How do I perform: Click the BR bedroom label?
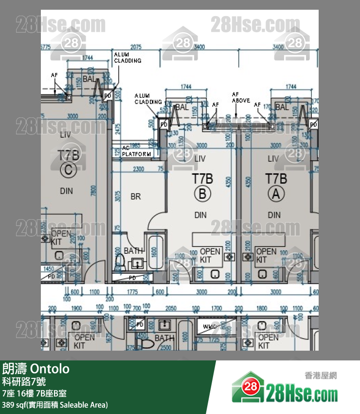pyautogui.click(x=135, y=196)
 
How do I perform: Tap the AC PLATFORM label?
pyautogui.click(x=136, y=151)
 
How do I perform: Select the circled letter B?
pyautogui.click(x=202, y=194)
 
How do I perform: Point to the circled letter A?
pyautogui.click(x=276, y=194)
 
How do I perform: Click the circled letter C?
pyautogui.click(x=68, y=170)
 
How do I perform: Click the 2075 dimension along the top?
pyautogui.click(x=136, y=47)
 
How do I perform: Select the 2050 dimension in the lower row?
pyautogui.click(x=171, y=308)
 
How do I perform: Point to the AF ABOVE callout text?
pyautogui.click(x=241, y=97)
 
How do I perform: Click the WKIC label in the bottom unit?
pyautogui.click(x=210, y=326)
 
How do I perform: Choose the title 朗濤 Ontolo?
pyautogui.click(x=36, y=369)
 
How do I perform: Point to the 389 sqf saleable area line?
pyautogui.click(x=55, y=405)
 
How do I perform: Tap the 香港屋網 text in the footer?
pyautogui.click(x=321, y=376)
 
